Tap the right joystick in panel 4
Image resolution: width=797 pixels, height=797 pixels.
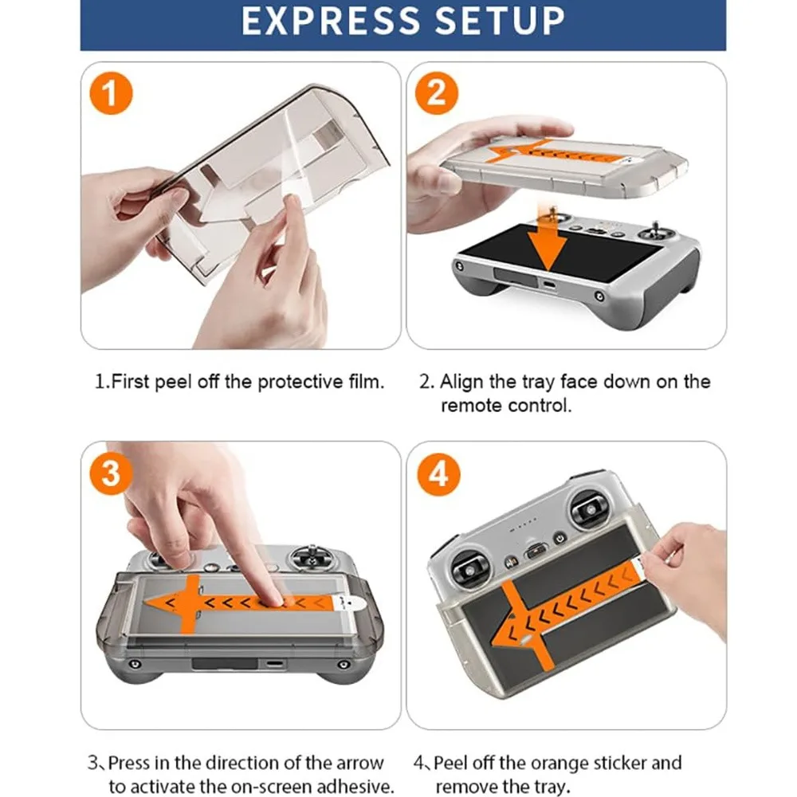[x=587, y=508]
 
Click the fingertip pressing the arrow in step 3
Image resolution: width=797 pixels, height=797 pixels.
[x=272, y=596]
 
